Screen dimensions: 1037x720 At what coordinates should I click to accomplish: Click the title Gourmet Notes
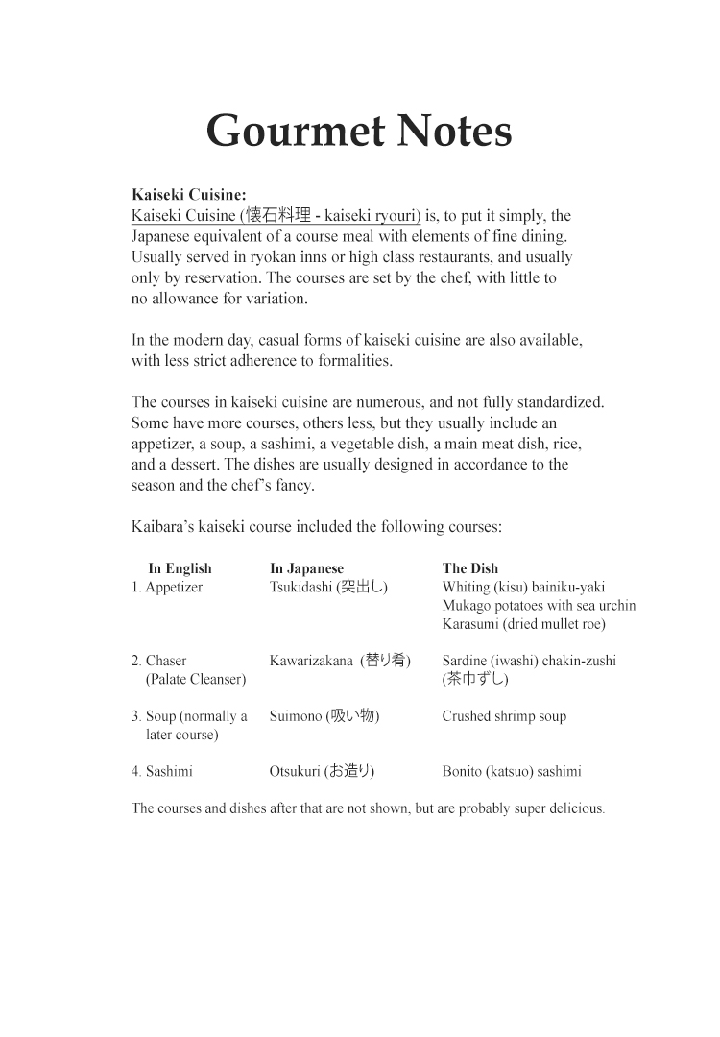[359, 131]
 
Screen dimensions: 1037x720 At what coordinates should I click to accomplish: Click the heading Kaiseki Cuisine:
[188, 195]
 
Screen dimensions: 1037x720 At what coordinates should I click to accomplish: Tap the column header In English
[180, 568]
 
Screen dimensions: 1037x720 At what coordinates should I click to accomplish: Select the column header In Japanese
[306, 568]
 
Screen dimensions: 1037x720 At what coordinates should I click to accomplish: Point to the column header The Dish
[470, 568]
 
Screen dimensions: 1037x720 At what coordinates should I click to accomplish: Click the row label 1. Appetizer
[167, 587]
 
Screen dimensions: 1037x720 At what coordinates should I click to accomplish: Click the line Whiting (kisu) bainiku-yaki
[523, 587]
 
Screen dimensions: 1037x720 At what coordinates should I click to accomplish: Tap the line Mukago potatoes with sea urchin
[539, 605]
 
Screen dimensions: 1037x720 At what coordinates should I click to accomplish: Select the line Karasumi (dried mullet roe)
[523, 623]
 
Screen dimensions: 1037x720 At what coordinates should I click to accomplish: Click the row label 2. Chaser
[159, 661]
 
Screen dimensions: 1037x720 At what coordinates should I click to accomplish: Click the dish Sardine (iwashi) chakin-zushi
[529, 661]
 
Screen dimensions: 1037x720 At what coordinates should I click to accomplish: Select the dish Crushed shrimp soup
[504, 716]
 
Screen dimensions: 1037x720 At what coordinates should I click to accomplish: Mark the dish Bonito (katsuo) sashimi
[512, 771]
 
